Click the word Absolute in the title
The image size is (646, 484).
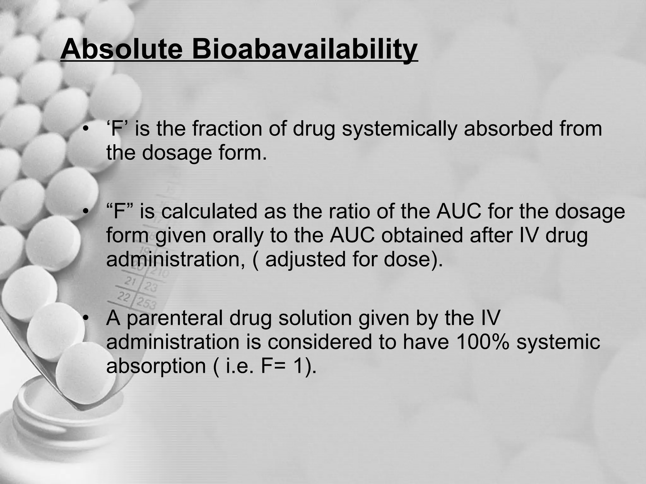tap(121, 49)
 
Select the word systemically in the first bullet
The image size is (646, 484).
tap(399, 130)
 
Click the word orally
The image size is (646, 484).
tap(237, 235)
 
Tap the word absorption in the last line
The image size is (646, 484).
tap(156, 366)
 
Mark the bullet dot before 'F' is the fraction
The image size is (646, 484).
tap(85, 130)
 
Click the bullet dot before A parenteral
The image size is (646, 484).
tap(85, 318)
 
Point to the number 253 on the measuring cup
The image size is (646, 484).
tap(146, 303)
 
